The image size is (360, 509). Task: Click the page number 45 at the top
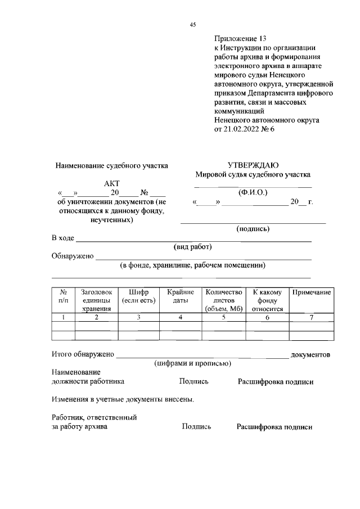pos(192,24)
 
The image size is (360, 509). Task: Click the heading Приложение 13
pos(239,39)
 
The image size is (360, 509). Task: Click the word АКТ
pos(112,183)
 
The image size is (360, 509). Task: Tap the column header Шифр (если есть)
pos(138,296)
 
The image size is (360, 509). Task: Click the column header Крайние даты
pos(181,296)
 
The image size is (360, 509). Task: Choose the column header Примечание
pos(310,292)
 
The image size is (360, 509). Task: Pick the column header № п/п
pos(64,296)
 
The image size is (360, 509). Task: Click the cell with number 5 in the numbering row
pos(223,318)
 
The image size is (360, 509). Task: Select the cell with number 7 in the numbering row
pos(310,318)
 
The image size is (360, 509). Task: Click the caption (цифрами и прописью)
pos(193,364)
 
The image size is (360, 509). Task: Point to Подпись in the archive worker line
pos(196,427)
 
